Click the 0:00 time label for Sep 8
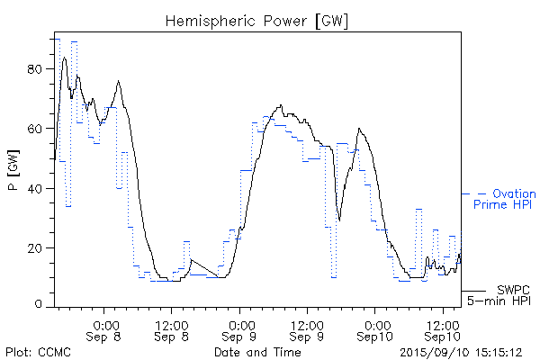point(106,324)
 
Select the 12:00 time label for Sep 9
point(308,324)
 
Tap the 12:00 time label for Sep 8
point(173,324)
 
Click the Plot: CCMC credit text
point(34,352)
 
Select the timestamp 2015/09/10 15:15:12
point(462,352)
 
